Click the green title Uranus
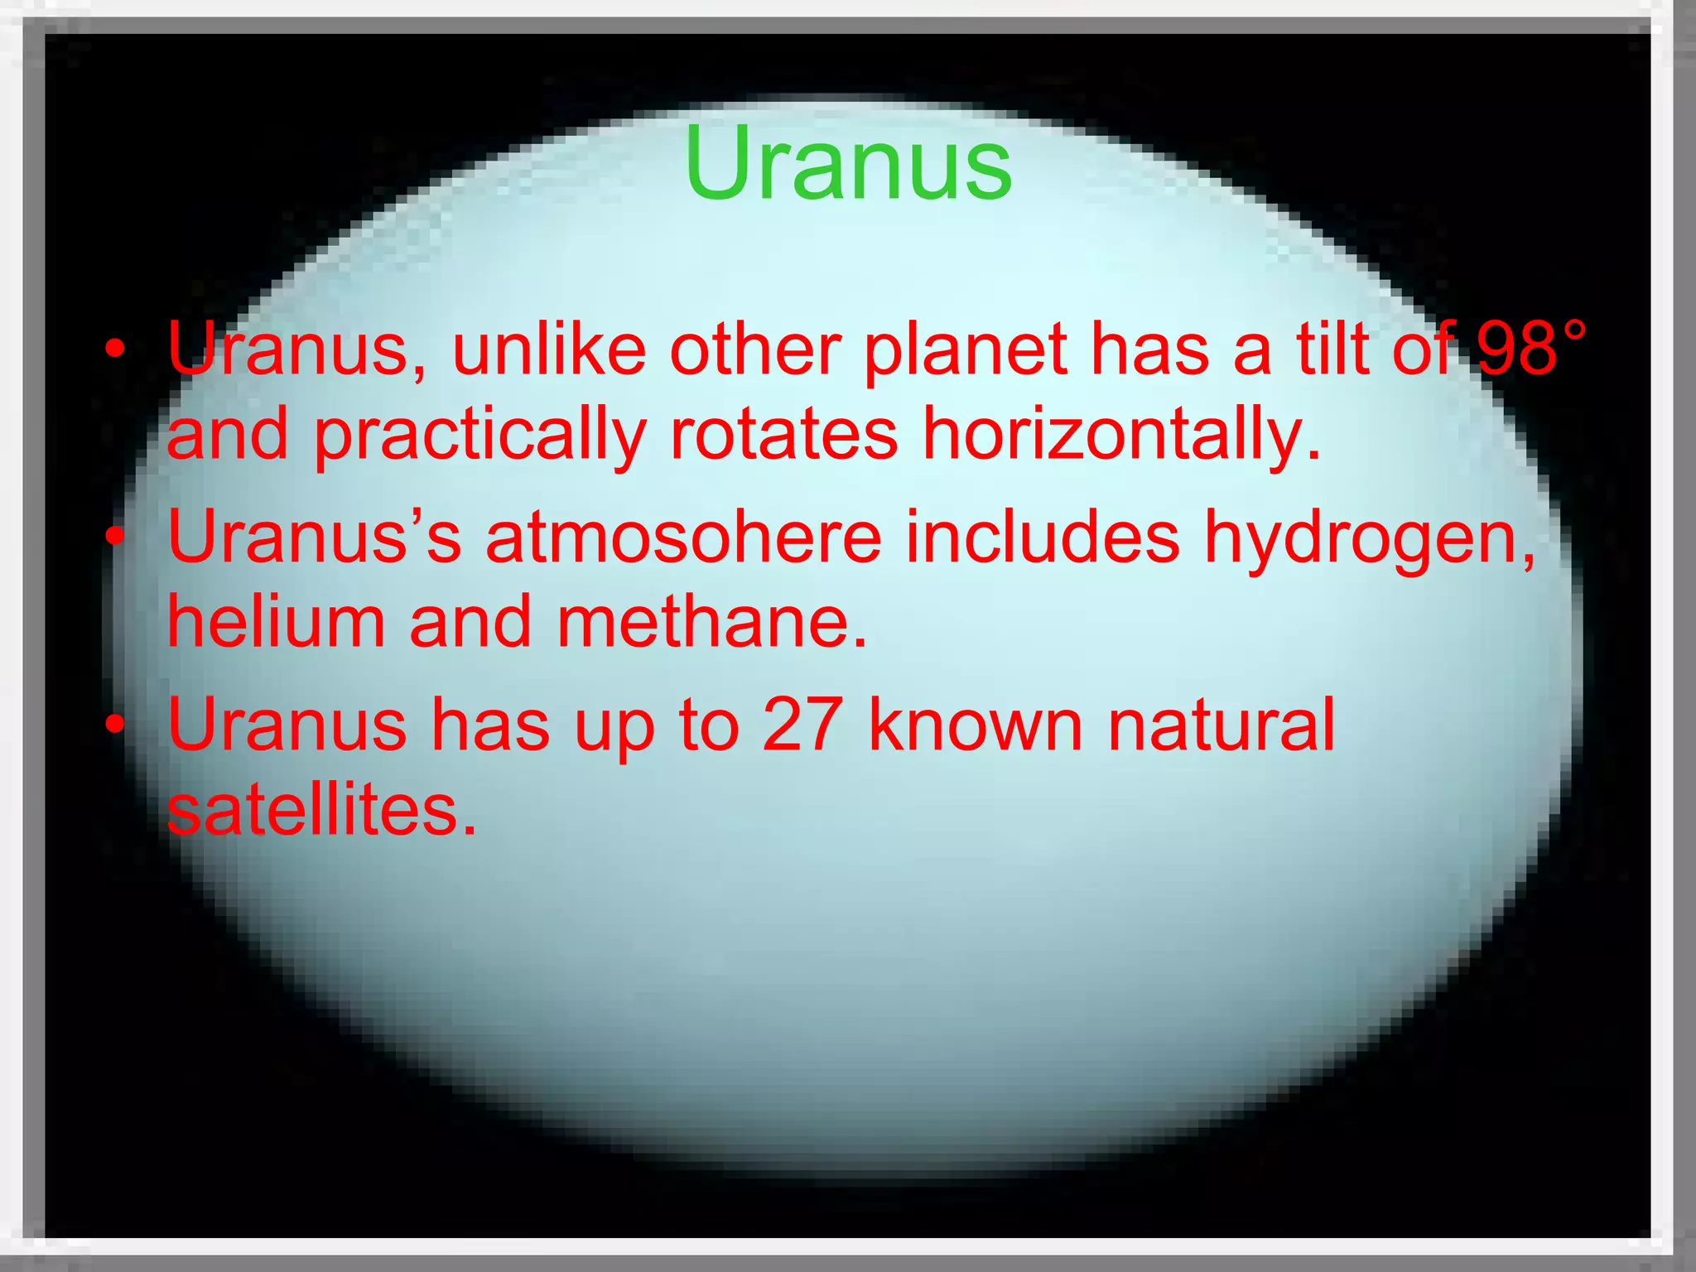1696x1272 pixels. tap(847, 163)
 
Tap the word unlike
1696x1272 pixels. tap(549, 349)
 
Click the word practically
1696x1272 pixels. tap(480, 436)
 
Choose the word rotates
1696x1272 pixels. tap(783, 435)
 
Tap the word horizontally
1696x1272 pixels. tap(1121, 436)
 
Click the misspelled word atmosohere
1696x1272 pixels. tap(683, 538)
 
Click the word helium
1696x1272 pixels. tap(277, 622)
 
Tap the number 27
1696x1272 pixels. tap(802, 725)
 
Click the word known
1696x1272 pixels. tap(976, 725)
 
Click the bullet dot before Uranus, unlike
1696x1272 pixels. tap(116, 351)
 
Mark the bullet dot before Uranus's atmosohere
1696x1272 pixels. tap(116, 538)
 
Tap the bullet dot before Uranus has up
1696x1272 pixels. tap(116, 725)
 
